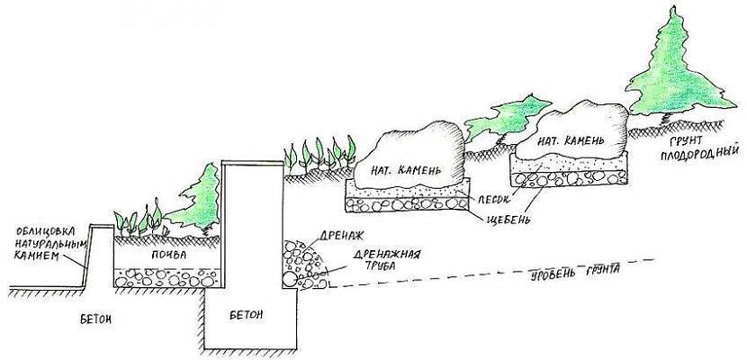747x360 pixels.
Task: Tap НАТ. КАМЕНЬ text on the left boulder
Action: tap(403, 167)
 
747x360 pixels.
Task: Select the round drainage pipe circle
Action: tap(290, 280)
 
